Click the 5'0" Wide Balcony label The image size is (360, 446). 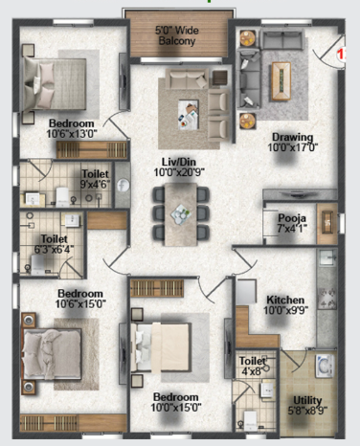coord(176,35)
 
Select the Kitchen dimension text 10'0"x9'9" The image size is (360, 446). coord(285,310)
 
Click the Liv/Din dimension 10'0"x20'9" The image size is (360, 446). coord(179,172)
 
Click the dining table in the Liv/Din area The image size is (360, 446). coord(181,214)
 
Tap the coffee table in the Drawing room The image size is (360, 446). coord(281,81)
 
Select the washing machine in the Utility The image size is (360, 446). coord(325,366)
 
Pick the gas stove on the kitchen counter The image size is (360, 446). coord(326,299)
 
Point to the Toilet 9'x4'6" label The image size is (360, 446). coord(95,179)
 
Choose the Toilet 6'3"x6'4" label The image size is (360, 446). coord(54,244)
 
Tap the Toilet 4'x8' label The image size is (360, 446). coord(253,366)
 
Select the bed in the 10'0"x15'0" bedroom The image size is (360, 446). coord(161,347)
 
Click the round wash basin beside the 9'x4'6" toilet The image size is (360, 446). coord(123,185)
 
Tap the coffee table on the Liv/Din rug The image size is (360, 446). coord(189,114)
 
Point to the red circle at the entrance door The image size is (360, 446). coord(341,55)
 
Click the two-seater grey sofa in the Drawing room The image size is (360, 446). coord(281,39)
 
